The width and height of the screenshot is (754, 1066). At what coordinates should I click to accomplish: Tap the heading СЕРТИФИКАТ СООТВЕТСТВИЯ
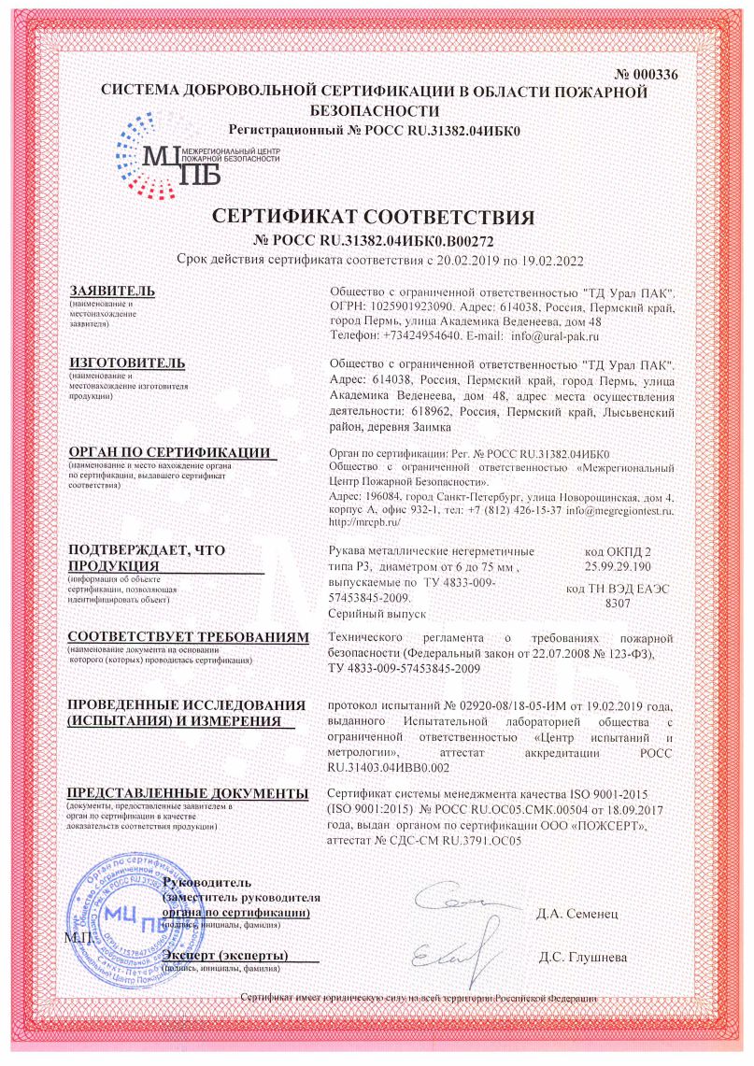point(374,218)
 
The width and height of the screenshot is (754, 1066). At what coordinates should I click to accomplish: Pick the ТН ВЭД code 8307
point(618,604)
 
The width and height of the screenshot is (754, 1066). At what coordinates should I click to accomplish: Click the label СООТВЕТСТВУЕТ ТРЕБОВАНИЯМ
point(187,637)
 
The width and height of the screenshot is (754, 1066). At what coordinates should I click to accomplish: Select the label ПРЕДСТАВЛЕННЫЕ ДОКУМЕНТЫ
point(187,793)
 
